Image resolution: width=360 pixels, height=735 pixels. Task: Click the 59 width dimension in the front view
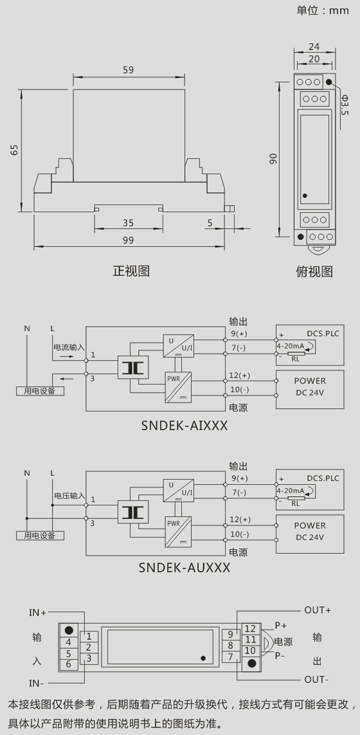pyautogui.click(x=128, y=70)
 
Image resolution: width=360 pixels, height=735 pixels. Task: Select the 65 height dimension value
pyautogui.click(x=15, y=150)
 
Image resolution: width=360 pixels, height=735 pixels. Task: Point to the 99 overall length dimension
pyautogui.click(x=128, y=240)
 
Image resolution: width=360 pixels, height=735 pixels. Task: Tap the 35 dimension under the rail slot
pyautogui.click(x=128, y=222)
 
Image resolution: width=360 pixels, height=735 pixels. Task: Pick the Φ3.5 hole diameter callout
pyautogui.click(x=345, y=105)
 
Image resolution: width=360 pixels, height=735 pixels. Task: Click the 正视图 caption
pyautogui.click(x=130, y=271)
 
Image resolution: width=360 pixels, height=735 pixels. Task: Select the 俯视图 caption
pyautogui.click(x=314, y=271)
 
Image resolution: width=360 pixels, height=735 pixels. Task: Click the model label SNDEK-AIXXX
pyautogui.click(x=184, y=425)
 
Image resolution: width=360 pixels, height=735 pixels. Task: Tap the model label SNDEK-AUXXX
pyautogui.click(x=184, y=568)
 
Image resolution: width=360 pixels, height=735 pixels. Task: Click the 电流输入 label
pyautogui.click(x=69, y=347)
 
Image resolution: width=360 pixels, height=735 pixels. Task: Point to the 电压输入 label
pyautogui.click(x=69, y=496)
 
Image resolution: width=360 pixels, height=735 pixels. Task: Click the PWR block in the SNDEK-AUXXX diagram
pyautogui.click(x=179, y=532)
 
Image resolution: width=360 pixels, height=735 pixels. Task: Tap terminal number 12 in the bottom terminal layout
pyautogui.click(x=250, y=629)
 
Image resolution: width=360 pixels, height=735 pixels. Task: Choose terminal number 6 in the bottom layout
pyautogui.click(x=68, y=664)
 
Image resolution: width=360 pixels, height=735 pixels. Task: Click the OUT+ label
pyautogui.click(x=318, y=610)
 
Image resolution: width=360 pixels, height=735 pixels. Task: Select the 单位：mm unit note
pyautogui.click(x=323, y=10)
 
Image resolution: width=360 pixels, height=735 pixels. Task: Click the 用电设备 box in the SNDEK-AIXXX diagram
pyautogui.click(x=40, y=390)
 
